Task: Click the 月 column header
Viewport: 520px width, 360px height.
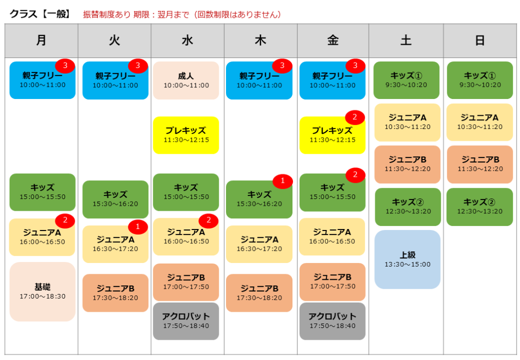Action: click(42, 41)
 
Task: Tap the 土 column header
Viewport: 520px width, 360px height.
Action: click(406, 41)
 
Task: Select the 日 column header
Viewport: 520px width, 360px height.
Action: click(480, 41)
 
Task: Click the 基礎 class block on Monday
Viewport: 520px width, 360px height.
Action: click(43, 291)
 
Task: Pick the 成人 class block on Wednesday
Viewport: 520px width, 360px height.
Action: click(186, 81)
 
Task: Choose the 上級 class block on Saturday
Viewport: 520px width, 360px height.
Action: click(408, 259)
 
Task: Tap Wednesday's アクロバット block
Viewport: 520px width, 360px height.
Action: click(186, 321)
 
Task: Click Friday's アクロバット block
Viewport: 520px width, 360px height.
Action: click(332, 321)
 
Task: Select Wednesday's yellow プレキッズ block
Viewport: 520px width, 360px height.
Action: click(186, 135)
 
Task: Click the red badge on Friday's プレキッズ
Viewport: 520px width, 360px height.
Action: click(355, 117)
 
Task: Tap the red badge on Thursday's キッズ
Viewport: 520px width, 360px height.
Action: click(282, 181)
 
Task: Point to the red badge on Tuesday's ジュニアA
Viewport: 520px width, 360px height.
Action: click(138, 226)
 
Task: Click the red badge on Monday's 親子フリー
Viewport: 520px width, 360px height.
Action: click(65, 66)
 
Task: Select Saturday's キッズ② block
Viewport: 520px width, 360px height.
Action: click(408, 207)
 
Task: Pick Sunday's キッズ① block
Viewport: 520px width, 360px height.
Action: click(480, 80)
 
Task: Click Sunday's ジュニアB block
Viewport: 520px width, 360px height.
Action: click(480, 165)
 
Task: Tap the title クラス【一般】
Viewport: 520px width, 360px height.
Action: click(40, 14)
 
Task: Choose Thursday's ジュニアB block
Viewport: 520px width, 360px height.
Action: click(259, 293)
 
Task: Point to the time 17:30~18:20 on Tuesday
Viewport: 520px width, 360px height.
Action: click(115, 298)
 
